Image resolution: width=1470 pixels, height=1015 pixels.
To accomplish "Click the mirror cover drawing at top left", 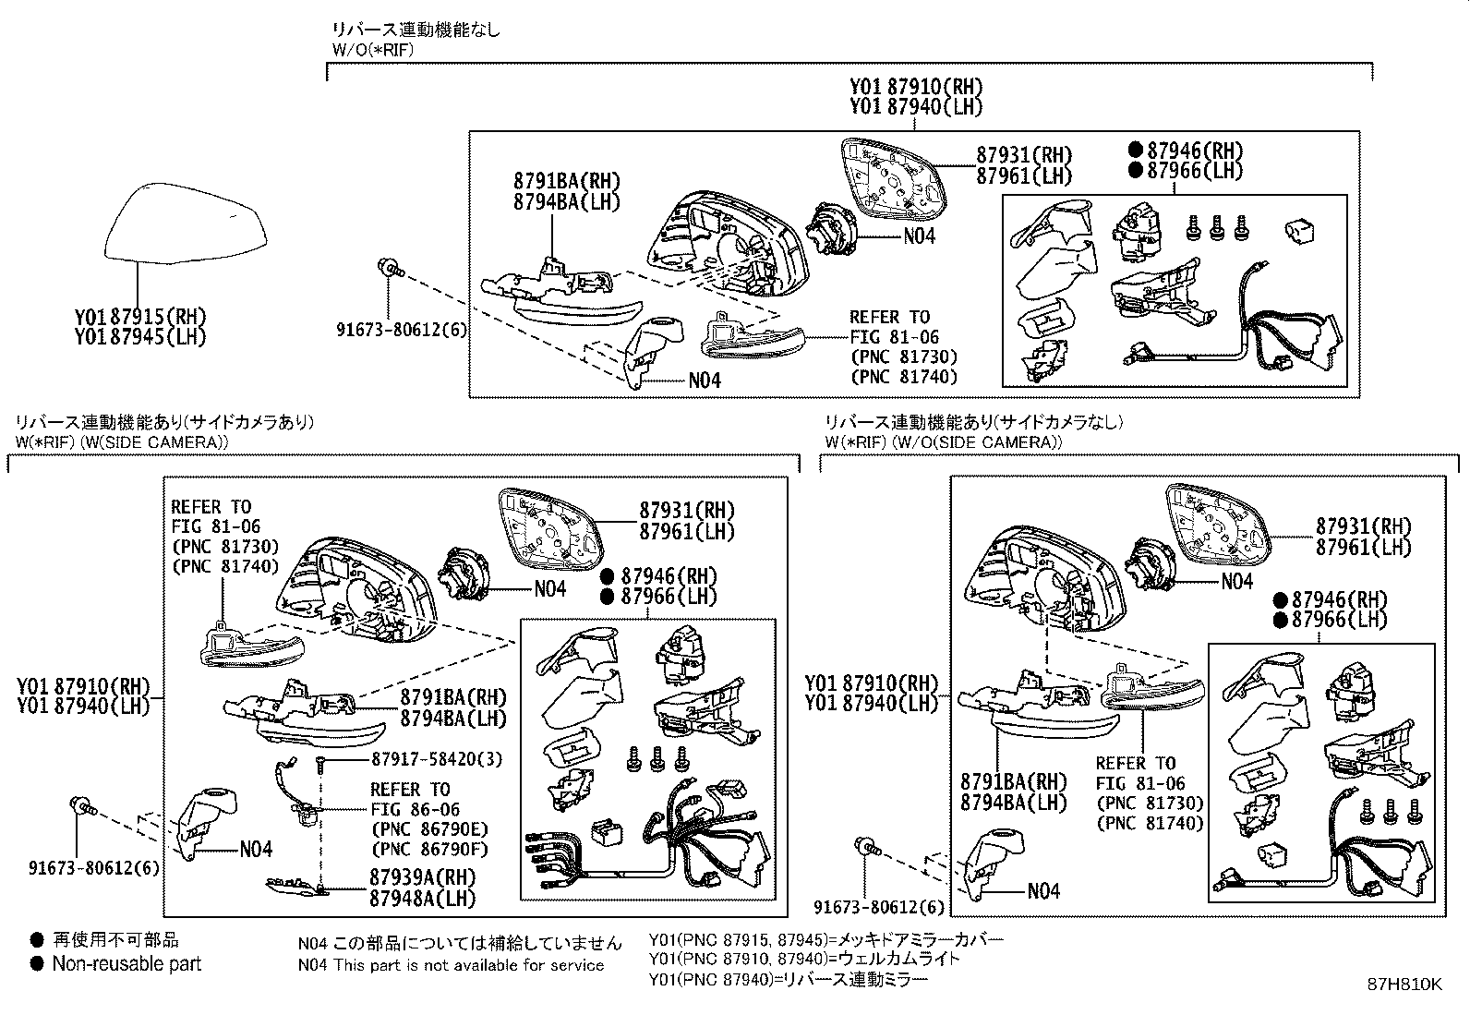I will [185, 222].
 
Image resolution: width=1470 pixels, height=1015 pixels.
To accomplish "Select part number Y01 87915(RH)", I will [140, 316].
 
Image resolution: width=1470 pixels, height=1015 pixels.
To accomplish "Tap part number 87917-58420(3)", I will [437, 759].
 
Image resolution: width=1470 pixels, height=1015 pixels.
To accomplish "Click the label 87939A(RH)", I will [422, 878].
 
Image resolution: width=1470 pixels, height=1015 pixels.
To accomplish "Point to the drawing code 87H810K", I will [1404, 985].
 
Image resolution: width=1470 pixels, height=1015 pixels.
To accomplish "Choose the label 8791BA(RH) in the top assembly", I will [567, 182].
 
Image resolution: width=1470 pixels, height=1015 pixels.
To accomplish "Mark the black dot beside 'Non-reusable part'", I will [37, 964].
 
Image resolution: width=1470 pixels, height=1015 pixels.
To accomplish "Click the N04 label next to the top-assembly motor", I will [919, 236].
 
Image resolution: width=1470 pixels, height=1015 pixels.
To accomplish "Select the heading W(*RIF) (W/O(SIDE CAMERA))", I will [944, 441].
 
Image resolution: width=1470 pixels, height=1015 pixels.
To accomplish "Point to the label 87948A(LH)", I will [422, 898].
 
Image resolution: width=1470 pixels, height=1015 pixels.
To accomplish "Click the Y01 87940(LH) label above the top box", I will [916, 107].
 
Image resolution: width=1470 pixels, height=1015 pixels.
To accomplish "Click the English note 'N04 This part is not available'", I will [451, 965].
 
